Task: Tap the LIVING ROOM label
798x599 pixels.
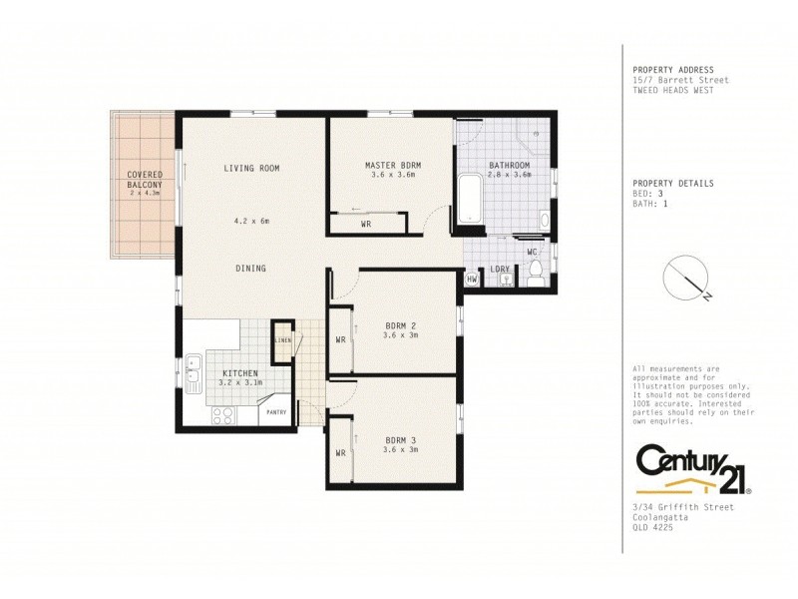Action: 251,168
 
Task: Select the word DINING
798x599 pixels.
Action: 250,268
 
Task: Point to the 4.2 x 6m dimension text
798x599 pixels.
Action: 251,221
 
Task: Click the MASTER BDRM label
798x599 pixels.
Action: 392,165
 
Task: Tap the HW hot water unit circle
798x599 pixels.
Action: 472,281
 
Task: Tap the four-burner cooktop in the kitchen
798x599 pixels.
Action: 222,415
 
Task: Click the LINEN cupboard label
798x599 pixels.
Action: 283,341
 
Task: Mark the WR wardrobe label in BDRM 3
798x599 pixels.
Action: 340,451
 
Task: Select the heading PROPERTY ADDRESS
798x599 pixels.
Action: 672,70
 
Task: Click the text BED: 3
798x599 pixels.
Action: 649,194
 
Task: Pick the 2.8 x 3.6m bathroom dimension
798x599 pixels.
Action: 509,175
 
